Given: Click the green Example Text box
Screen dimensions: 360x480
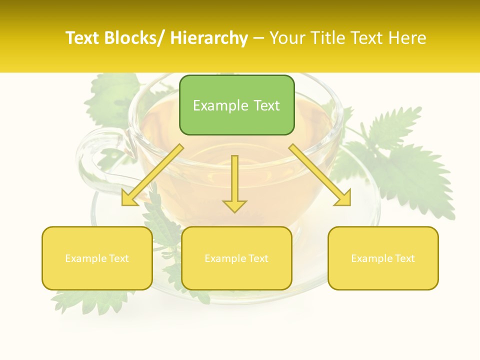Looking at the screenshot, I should pyautogui.click(x=236, y=105).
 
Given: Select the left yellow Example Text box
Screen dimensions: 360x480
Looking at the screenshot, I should pyautogui.click(x=97, y=258).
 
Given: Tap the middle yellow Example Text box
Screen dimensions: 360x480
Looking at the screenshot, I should pyautogui.click(x=236, y=258).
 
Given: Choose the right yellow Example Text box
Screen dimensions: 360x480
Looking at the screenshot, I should pyautogui.click(x=383, y=258).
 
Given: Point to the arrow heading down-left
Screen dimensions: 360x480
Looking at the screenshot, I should pyautogui.click(x=152, y=175).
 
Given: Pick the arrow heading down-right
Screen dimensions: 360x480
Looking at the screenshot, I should pyautogui.click(x=320, y=175).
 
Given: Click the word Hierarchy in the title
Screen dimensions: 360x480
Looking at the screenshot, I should pyautogui.click(x=209, y=38).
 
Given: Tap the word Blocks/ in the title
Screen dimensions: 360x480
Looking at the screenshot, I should pyautogui.click(x=137, y=38).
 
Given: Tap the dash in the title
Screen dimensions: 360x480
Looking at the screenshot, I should pyautogui.click(x=258, y=38).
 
